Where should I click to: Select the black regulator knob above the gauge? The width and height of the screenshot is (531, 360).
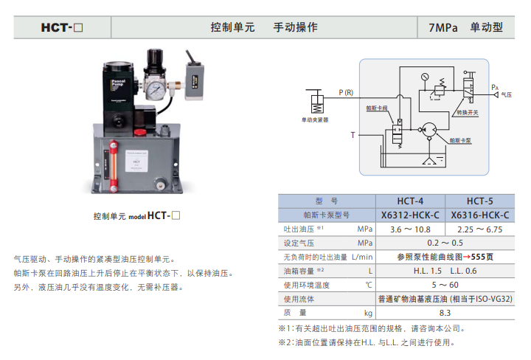point(154,56)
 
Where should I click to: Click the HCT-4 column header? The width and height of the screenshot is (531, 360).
point(410,201)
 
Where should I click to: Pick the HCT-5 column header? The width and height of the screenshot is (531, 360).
point(479,201)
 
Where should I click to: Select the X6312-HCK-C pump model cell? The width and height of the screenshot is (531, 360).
point(410,215)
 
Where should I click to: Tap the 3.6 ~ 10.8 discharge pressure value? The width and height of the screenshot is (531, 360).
point(410,229)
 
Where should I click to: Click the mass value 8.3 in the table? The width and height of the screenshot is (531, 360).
point(445,313)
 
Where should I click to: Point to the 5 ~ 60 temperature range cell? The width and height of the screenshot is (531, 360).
point(445,285)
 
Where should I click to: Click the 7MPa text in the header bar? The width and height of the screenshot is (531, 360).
point(442,27)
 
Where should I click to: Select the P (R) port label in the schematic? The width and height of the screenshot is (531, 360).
point(346,92)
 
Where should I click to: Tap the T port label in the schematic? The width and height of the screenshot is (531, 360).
point(352,135)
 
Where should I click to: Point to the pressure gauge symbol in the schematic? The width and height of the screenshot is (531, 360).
point(425,77)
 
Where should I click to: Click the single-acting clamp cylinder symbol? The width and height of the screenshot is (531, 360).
point(316,101)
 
